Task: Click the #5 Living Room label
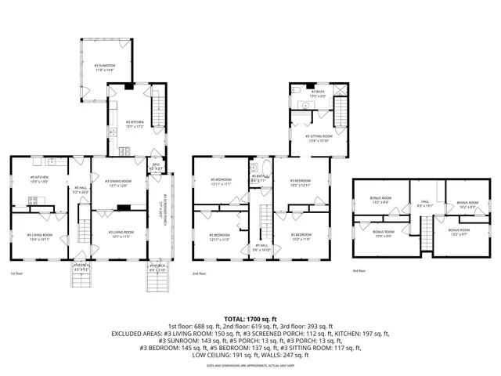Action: coord(40,237)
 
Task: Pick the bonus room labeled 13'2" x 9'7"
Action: coord(459,233)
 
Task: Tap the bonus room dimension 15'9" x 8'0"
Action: coord(384,234)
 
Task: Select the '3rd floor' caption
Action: coord(359,270)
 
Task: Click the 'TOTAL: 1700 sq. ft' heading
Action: coord(250,319)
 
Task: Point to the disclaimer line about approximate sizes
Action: coord(250,365)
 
